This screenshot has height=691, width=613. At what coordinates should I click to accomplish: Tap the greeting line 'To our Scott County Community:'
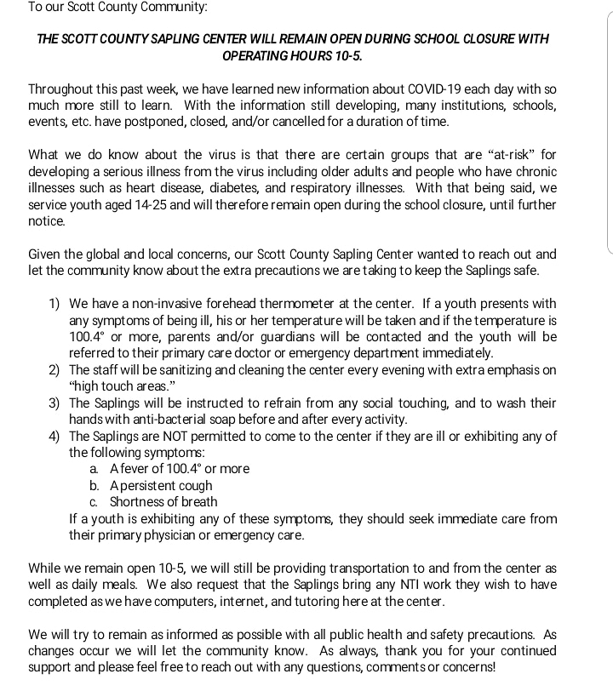(x=117, y=7)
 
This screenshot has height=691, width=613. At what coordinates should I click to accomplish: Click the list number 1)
(x=54, y=304)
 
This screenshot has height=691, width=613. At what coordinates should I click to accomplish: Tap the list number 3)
(x=54, y=403)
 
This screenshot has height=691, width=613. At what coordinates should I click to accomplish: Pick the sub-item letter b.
(x=95, y=486)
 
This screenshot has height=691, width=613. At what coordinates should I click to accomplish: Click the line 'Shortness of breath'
(x=163, y=502)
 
